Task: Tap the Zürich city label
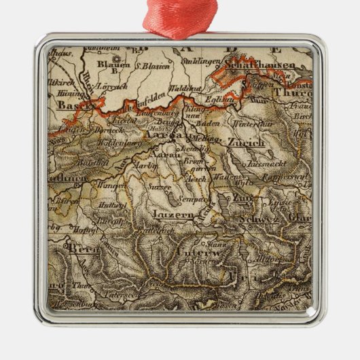click(247, 143)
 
